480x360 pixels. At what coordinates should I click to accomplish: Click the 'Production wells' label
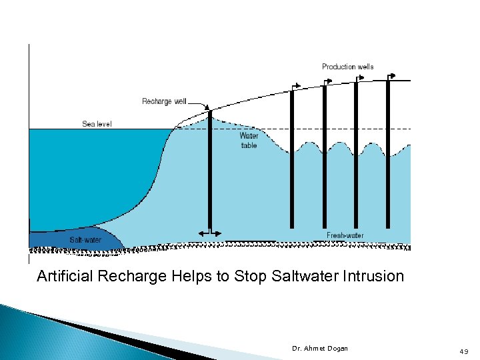point(347,67)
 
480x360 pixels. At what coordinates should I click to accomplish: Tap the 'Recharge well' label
point(164,101)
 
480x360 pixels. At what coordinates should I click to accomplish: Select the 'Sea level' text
point(97,124)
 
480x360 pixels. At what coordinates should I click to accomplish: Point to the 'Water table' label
point(249,140)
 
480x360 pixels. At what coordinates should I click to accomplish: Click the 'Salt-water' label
point(85,240)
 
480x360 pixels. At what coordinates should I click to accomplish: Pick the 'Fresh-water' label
point(345,235)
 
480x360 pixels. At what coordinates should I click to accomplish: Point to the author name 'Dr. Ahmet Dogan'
point(320,349)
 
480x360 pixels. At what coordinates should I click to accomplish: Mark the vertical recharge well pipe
point(210,173)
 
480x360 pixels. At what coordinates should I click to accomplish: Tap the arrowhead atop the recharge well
point(207,107)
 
